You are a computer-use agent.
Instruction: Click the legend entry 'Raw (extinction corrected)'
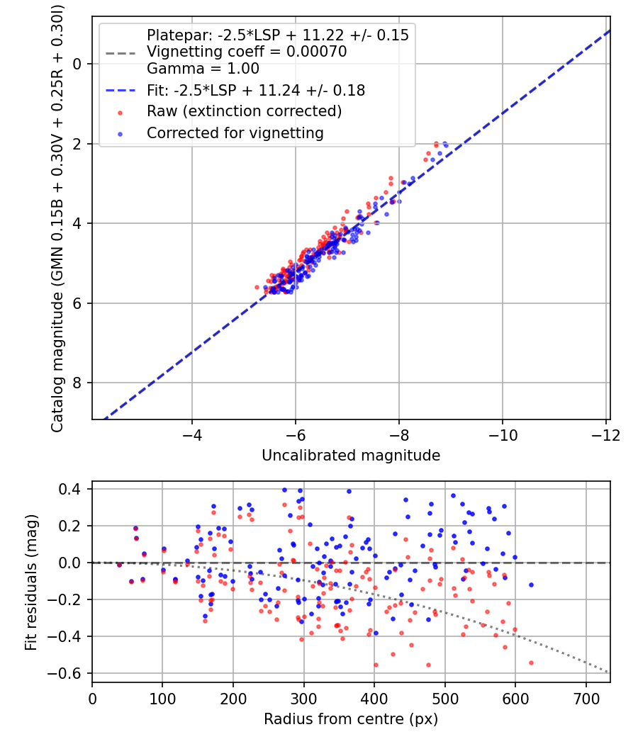[244, 111]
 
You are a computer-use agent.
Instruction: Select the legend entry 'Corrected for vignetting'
[235, 133]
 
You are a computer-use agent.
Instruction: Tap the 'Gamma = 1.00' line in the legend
[203, 69]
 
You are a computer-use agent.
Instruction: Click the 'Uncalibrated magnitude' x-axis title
[351, 455]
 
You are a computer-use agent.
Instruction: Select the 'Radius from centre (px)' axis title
[351, 719]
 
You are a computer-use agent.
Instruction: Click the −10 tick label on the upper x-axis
[503, 433]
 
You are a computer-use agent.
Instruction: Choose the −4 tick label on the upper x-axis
[191, 433]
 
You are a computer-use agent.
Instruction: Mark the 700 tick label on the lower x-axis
[586, 697]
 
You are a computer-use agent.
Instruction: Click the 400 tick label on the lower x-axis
[374, 697]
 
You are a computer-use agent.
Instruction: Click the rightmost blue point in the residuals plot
[531, 585]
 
